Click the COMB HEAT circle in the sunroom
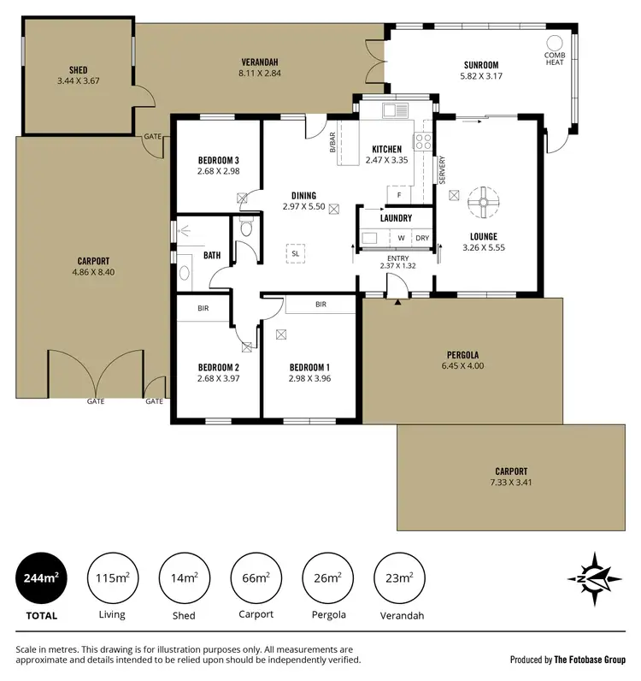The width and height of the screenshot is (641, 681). tap(555, 42)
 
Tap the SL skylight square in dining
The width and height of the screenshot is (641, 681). tap(295, 254)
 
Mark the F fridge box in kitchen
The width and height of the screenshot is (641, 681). tap(399, 195)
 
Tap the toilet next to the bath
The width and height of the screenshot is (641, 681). tap(246, 228)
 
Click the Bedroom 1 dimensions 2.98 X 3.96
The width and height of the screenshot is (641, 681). tap(309, 377)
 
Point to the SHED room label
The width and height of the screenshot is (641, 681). tap(78, 70)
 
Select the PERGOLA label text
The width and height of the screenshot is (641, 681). tap(462, 355)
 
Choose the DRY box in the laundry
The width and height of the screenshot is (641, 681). tap(422, 238)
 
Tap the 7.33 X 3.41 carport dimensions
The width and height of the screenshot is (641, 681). tap(511, 483)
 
